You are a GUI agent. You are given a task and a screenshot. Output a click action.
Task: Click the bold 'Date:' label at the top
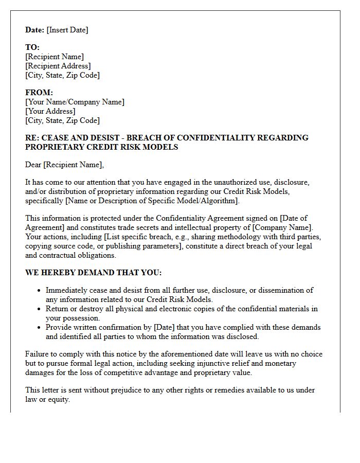tap(35, 30)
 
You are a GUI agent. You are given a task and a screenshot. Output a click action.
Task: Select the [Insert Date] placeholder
tap(67, 30)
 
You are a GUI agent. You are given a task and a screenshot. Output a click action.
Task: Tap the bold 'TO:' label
tap(32, 47)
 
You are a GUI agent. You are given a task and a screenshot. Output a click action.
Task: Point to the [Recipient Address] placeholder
tap(58, 66)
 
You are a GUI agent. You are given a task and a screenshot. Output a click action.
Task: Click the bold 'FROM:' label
tap(39, 93)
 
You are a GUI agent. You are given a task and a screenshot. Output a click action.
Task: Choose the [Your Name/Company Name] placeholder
tap(75, 102)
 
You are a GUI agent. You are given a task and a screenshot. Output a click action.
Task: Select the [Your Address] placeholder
tap(50, 111)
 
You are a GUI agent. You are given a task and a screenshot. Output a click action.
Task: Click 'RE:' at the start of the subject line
tap(32, 138)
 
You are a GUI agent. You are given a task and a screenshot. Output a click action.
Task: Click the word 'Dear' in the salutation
tap(33, 165)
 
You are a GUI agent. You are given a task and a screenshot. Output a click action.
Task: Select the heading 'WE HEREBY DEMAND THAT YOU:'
tap(93, 273)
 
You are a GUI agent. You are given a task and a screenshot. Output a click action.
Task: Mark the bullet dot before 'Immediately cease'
tap(39, 291)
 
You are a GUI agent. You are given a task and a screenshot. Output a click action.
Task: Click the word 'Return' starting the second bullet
tap(58, 309)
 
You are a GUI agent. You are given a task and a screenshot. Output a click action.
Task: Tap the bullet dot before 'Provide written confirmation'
tap(39, 327)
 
